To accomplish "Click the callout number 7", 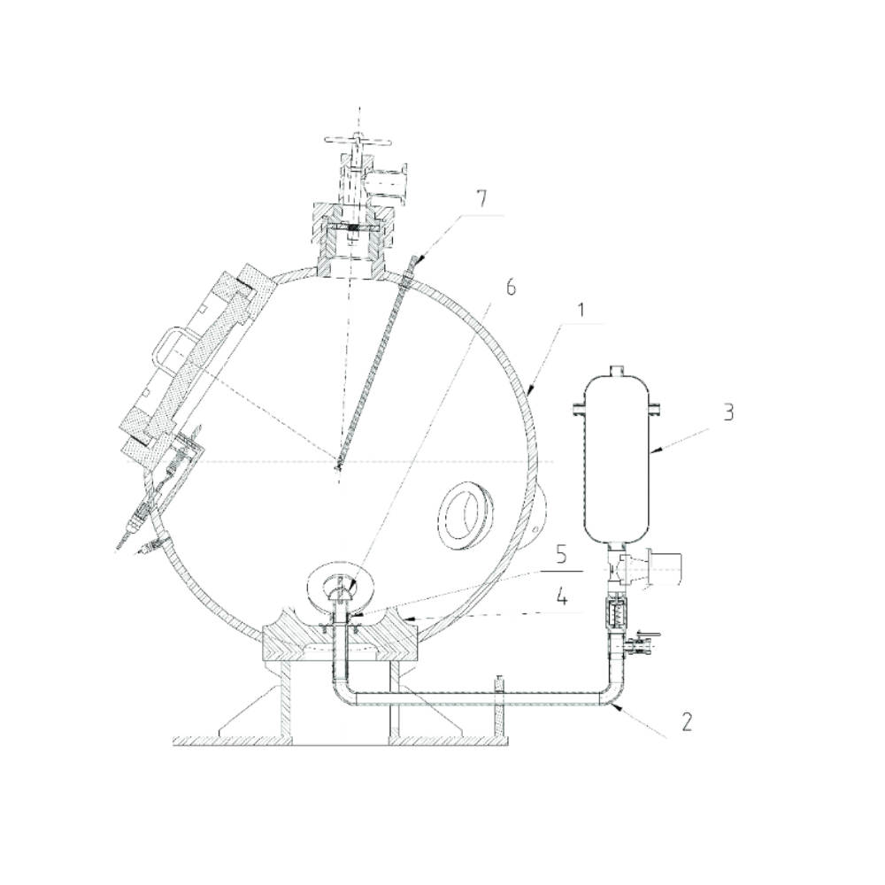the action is (481, 200).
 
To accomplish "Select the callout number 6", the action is (511, 288).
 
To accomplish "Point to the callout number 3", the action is (728, 412).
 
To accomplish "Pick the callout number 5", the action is (562, 555).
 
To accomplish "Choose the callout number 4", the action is (562, 596).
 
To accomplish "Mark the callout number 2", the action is (687, 722).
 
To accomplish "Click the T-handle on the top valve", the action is (355, 140).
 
